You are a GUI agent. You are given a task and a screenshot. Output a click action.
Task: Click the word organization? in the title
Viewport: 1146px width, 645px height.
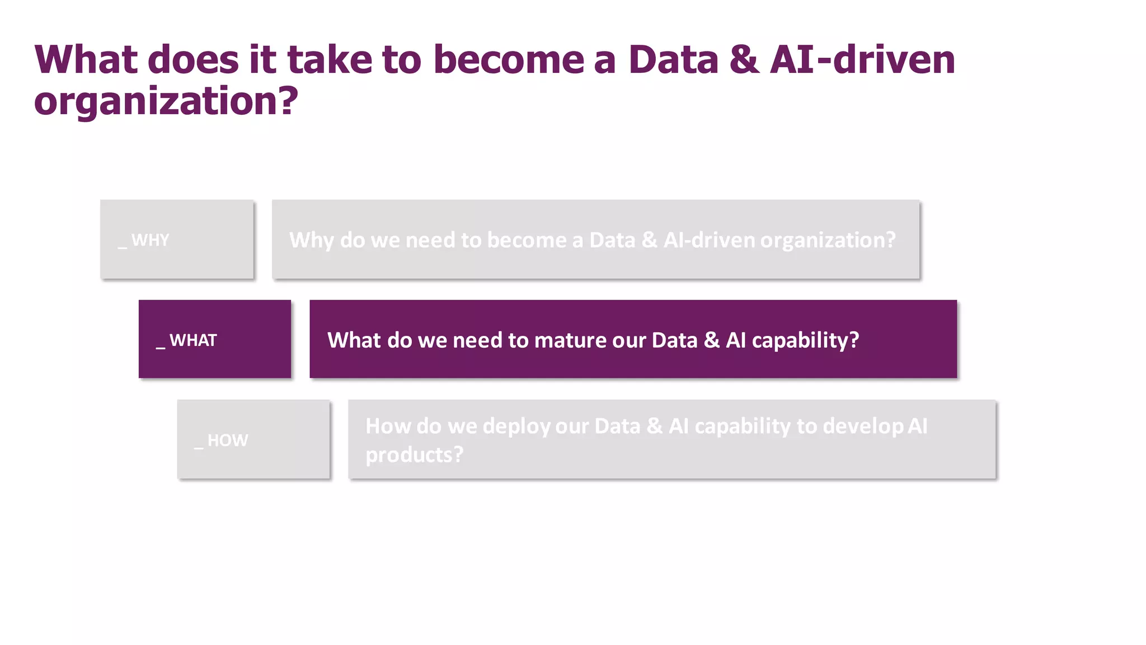pos(166,102)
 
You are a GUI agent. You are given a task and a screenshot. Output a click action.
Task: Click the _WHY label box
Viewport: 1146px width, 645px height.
pos(177,240)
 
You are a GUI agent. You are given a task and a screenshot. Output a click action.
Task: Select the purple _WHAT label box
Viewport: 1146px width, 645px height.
pos(215,339)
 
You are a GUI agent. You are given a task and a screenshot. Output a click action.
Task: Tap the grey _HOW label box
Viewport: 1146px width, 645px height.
pos(253,440)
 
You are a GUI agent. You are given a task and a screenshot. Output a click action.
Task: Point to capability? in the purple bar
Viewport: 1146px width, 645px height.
pos(805,340)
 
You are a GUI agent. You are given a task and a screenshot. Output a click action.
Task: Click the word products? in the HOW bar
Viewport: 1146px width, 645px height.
pos(415,455)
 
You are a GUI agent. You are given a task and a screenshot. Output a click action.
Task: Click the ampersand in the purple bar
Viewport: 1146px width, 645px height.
pos(711,340)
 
